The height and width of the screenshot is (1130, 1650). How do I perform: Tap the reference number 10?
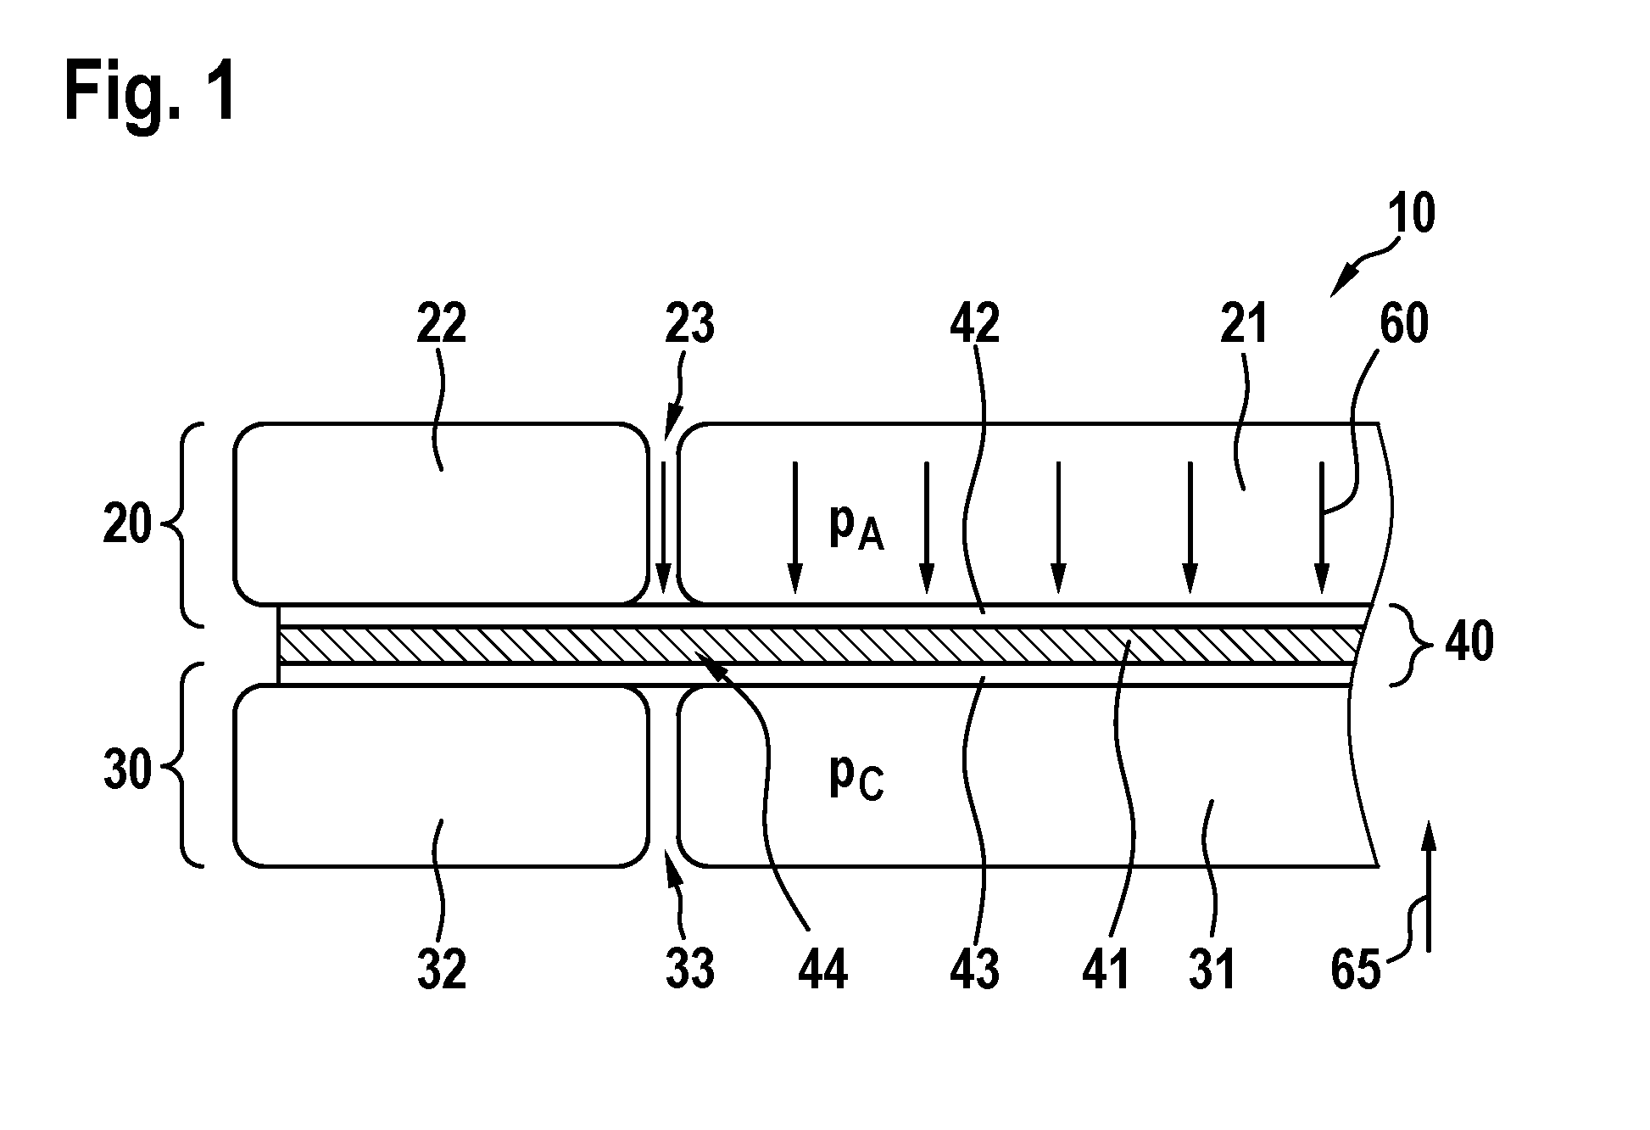(x=1411, y=214)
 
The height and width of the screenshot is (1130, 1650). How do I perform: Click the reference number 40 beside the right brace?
(x=1469, y=642)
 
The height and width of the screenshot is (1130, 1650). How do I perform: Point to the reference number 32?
(x=442, y=969)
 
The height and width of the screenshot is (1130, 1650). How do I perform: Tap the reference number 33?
(x=690, y=969)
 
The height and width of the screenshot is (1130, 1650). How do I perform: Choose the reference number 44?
(x=822, y=969)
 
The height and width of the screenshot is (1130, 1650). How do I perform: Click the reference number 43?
(x=975, y=969)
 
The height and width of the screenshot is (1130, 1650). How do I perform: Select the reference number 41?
(x=1107, y=969)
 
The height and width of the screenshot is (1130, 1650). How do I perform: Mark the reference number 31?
(x=1212, y=969)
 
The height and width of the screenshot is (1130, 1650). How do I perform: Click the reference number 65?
(x=1356, y=969)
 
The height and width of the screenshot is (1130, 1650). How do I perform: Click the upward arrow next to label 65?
(x=1429, y=886)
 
